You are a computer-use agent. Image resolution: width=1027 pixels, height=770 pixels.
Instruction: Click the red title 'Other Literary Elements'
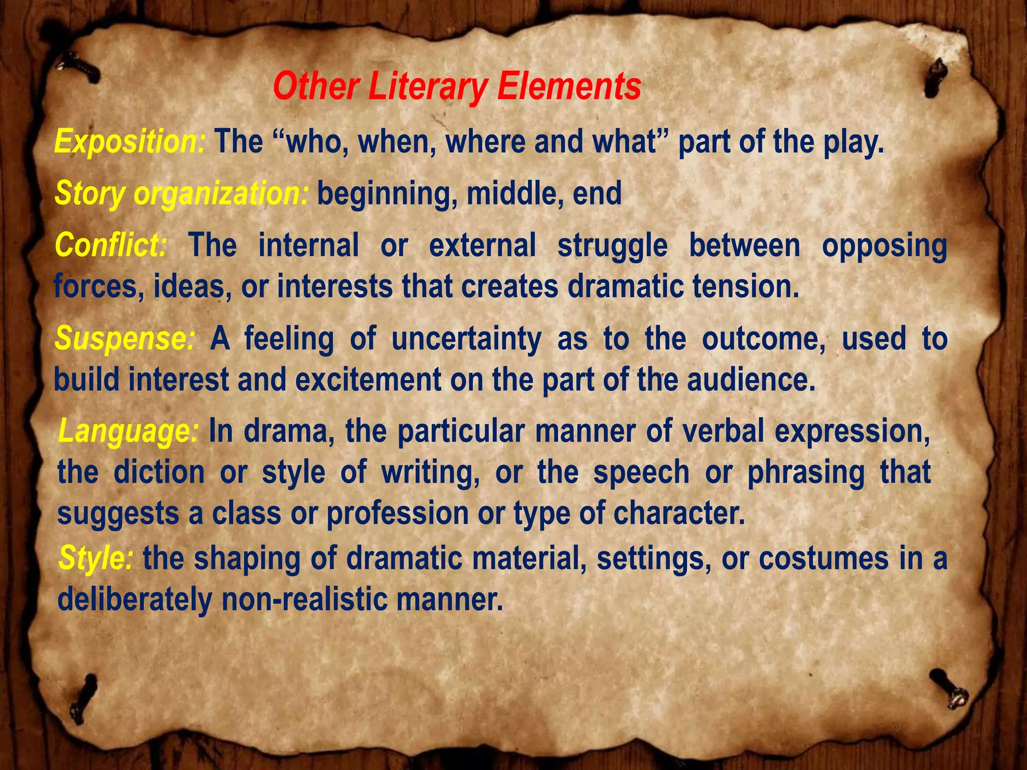[x=457, y=87]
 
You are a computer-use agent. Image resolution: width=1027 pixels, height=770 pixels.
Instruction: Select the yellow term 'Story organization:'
[x=181, y=194]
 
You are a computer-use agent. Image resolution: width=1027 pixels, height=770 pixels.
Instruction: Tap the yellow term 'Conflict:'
[x=111, y=245]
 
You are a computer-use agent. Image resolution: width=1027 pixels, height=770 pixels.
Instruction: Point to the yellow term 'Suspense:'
[x=124, y=338]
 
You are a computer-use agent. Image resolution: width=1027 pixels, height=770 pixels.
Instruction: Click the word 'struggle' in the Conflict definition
[x=612, y=246]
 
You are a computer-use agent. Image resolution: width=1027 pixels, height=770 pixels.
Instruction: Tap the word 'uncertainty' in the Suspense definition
[x=466, y=339]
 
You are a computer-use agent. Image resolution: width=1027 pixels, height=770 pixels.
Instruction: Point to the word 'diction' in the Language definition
[x=159, y=472]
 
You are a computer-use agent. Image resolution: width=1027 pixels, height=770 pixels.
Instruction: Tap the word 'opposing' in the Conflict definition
[x=884, y=246]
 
